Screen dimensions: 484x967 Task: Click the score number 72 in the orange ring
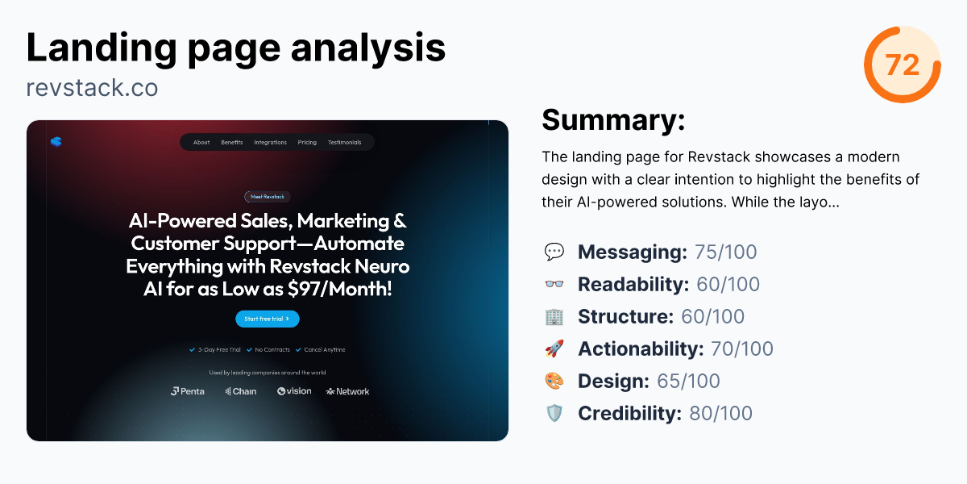click(903, 65)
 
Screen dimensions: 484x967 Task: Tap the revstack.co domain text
click(92, 87)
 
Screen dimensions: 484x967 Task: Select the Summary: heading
click(613, 120)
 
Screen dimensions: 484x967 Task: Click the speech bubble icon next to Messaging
click(554, 252)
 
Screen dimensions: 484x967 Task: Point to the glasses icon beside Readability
click(554, 285)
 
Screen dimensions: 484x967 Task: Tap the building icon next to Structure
click(554, 317)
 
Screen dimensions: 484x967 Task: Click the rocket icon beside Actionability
click(554, 349)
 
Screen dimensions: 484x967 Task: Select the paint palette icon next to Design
click(554, 382)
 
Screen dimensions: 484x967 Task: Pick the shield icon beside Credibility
click(554, 414)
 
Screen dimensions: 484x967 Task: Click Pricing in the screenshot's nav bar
click(307, 143)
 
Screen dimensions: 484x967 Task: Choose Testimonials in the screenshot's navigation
click(344, 143)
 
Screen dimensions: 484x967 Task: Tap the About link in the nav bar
click(201, 143)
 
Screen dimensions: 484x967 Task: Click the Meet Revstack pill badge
click(268, 196)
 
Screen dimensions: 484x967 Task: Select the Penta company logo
click(188, 391)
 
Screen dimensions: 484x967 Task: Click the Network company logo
click(348, 391)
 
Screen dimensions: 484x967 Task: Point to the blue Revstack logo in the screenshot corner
click(56, 141)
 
